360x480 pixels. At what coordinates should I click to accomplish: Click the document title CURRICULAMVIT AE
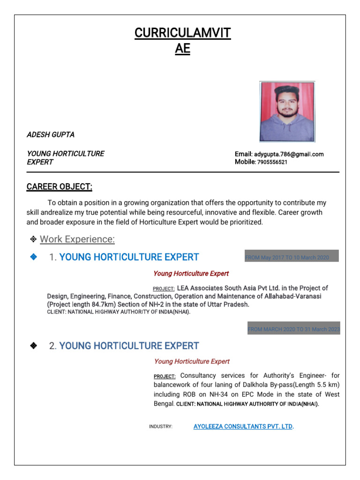click(x=182, y=41)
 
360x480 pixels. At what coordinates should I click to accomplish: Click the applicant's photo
click(x=287, y=112)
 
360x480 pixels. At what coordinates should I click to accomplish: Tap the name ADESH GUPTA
click(x=51, y=135)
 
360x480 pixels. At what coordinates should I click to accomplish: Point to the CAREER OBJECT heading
click(x=60, y=187)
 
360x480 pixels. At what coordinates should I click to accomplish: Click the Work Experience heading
click(x=77, y=240)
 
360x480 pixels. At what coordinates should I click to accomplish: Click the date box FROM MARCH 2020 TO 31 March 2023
click(x=293, y=330)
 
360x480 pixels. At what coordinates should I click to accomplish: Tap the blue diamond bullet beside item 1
click(x=33, y=257)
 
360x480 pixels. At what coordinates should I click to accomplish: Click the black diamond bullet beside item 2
click(x=33, y=346)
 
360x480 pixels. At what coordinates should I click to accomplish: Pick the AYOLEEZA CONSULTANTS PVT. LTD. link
click(x=243, y=427)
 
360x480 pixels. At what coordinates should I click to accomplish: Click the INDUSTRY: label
click(x=161, y=427)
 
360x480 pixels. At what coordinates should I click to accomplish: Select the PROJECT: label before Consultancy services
click(x=165, y=376)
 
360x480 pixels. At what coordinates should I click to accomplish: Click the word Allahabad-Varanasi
click(x=292, y=297)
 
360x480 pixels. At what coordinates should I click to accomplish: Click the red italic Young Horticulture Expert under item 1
click(x=191, y=273)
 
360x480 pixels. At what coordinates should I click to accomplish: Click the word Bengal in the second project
click(x=164, y=403)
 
